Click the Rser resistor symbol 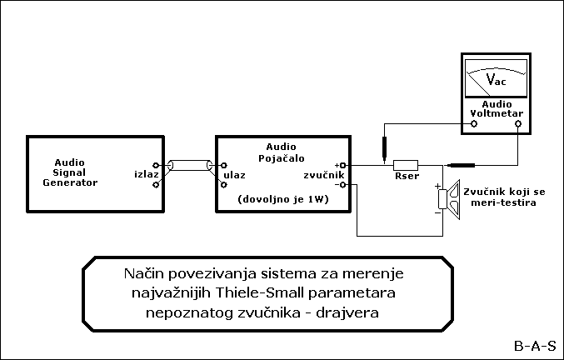(x=406, y=165)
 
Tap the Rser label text (x=407, y=177)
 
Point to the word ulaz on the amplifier (x=236, y=176)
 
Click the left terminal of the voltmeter (x=475, y=123)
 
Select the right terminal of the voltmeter (x=518, y=123)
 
